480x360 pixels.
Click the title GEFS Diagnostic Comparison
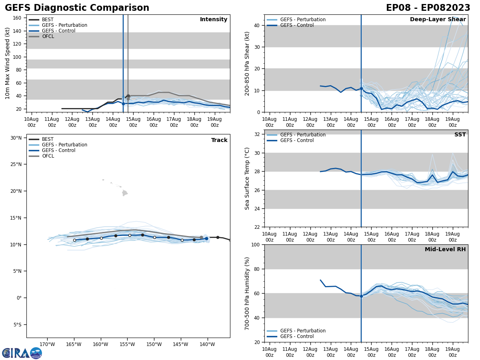[77, 8]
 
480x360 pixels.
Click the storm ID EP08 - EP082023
[428, 8]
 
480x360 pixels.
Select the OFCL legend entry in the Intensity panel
[48, 36]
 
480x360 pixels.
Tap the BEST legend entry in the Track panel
[48, 139]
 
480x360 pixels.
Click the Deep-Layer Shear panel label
[438, 20]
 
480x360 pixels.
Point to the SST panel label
[460, 135]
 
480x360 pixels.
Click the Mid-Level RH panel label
[445, 250]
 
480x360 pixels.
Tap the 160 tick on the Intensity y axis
[17, 18]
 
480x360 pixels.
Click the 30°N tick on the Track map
[16, 138]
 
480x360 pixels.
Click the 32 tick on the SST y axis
[257, 134]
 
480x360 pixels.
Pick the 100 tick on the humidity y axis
[256, 244]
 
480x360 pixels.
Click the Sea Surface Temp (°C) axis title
[248, 178]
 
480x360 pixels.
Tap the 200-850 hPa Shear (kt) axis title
[248, 64]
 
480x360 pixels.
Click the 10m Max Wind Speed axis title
[8, 64]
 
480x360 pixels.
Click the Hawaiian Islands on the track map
[124, 193]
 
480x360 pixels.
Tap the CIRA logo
[22, 353]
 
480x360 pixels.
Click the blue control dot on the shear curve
[361, 88]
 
